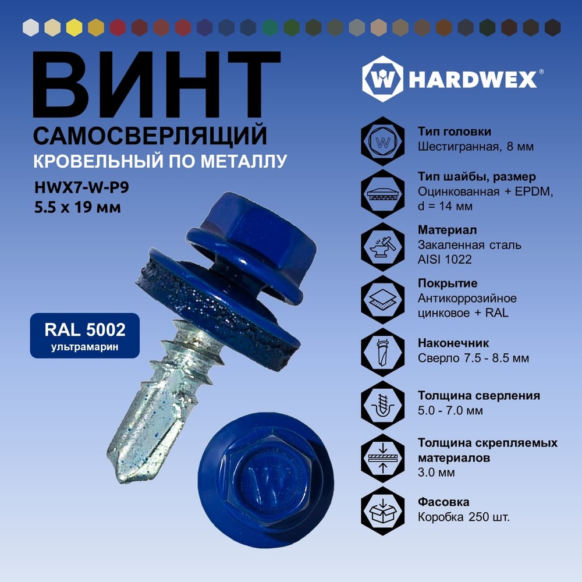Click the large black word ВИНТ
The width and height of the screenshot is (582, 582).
[x=156, y=84]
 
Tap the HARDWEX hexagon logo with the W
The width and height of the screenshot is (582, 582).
[x=382, y=79]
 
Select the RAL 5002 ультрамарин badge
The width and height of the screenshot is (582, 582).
[x=84, y=336]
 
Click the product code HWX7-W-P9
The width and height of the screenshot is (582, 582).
[x=81, y=187]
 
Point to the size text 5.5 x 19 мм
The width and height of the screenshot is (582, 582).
[x=77, y=207]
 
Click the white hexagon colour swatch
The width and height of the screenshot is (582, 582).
[x=30, y=27]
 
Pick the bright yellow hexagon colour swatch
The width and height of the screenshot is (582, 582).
[x=74, y=27]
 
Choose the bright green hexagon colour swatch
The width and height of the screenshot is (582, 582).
[x=270, y=27]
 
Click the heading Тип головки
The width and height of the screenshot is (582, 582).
[x=455, y=132]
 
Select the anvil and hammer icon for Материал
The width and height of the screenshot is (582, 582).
[x=383, y=246]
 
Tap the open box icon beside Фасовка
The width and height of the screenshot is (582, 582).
[x=383, y=511]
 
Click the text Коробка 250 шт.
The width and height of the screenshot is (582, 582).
[x=464, y=517]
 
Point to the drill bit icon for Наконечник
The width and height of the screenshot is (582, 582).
[x=383, y=352]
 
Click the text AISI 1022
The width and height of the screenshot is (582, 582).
[x=445, y=259]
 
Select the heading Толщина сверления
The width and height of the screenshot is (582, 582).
[x=479, y=395]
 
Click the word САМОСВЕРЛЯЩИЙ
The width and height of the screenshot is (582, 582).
[x=150, y=136]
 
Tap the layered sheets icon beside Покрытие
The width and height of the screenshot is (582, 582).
[x=383, y=299]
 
